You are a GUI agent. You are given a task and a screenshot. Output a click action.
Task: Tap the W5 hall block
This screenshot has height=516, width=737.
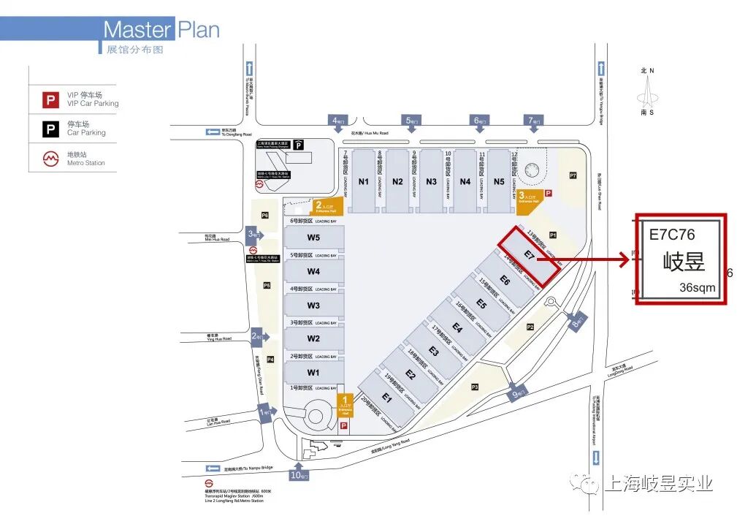[x=313, y=238]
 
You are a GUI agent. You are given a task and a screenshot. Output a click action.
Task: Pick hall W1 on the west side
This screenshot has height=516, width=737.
[x=313, y=372]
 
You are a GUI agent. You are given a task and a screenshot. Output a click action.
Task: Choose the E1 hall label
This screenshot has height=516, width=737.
[x=386, y=399]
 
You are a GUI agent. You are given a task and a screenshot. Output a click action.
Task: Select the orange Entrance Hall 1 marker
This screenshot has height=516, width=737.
[x=346, y=403]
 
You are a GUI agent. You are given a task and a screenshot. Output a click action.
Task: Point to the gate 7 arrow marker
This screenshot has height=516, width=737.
[x=533, y=121]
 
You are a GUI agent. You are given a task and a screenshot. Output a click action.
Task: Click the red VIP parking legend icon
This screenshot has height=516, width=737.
[x=50, y=99]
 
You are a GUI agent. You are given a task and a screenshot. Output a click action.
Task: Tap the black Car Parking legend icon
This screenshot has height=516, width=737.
[x=50, y=129]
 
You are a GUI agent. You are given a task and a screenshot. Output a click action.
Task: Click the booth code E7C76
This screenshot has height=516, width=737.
[x=672, y=235]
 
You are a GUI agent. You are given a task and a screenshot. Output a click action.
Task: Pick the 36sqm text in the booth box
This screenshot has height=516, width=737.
[x=698, y=287]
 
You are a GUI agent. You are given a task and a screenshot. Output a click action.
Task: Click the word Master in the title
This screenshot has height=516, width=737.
[x=137, y=30]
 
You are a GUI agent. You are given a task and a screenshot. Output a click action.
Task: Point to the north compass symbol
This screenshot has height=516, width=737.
[x=646, y=92]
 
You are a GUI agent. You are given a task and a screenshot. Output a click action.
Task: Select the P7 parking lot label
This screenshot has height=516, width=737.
[x=573, y=175]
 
